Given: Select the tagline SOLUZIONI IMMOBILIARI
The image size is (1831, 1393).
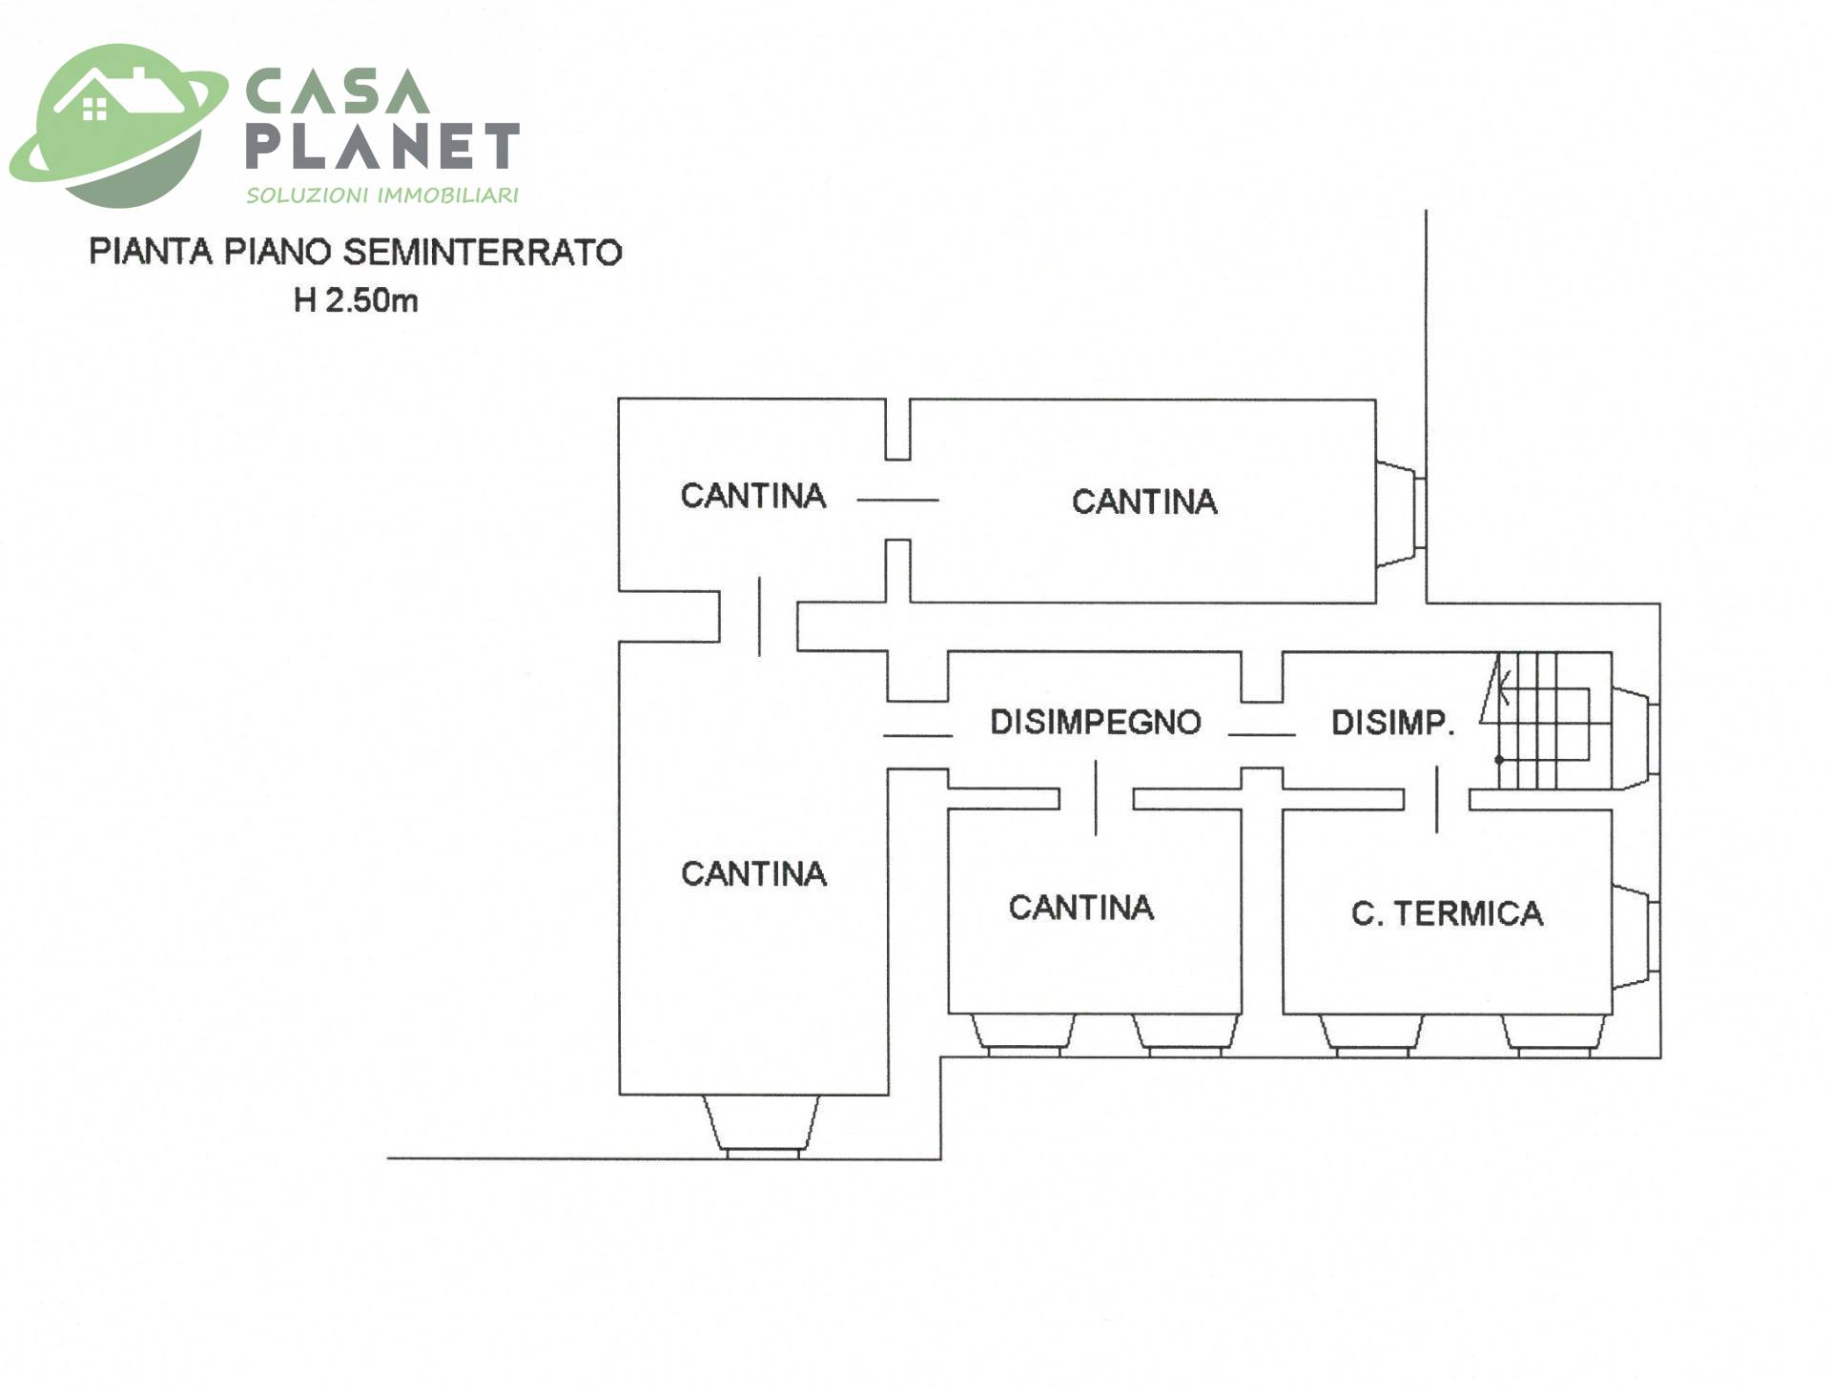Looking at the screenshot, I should click(x=382, y=195).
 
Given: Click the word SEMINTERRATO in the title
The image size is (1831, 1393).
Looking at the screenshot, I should click(x=483, y=253).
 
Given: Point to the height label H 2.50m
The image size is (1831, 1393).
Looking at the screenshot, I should click(x=356, y=301).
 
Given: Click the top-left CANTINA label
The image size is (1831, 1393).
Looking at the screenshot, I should click(x=752, y=496).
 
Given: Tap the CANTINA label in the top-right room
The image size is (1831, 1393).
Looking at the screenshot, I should click(x=1144, y=502).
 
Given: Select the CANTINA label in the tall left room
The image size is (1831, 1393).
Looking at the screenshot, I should click(x=753, y=873).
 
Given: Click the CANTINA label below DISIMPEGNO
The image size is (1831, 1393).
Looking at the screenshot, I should click(x=1081, y=908).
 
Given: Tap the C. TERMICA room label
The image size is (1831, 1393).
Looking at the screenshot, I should click(x=1447, y=913).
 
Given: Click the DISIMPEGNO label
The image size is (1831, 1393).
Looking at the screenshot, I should click(x=1095, y=723).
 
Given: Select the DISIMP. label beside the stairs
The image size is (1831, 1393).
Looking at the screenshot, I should click(x=1392, y=723).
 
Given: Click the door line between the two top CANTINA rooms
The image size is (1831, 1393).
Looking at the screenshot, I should click(x=897, y=500).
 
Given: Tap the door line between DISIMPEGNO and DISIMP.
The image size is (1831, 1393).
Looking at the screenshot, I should click(x=1261, y=735).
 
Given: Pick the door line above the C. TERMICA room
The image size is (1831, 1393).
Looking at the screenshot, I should click(x=1437, y=799).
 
